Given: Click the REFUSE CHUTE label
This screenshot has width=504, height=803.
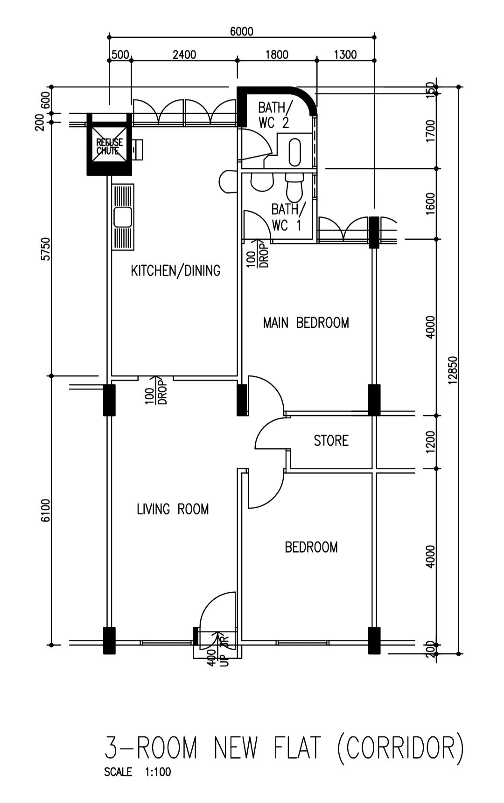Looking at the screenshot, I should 109,146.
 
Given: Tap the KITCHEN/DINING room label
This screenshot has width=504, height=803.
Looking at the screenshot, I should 175,270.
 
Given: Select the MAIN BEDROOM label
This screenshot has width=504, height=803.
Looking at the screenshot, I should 306,323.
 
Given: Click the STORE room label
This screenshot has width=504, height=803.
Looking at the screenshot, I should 331,441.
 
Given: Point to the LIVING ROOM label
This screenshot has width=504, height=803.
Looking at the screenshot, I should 173,509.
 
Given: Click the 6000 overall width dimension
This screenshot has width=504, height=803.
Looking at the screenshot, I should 241,31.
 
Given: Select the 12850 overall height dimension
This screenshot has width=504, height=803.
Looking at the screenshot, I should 451,371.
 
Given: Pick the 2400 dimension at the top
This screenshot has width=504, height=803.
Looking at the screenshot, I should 184,55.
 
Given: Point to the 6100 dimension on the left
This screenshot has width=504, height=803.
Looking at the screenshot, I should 45,511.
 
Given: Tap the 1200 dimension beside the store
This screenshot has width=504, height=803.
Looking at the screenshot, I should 430,442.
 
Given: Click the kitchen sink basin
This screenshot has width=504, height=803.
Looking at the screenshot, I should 122,217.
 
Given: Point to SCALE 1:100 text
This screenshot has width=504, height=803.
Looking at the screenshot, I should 138,772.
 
